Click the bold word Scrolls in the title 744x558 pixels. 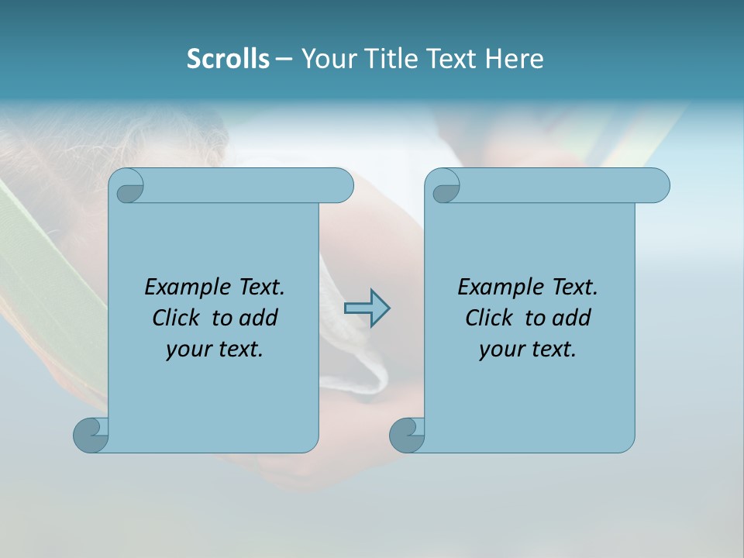228,59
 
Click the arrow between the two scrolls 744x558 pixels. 367,308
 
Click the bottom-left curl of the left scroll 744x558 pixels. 91,435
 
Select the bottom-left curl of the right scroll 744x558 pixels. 407,435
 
